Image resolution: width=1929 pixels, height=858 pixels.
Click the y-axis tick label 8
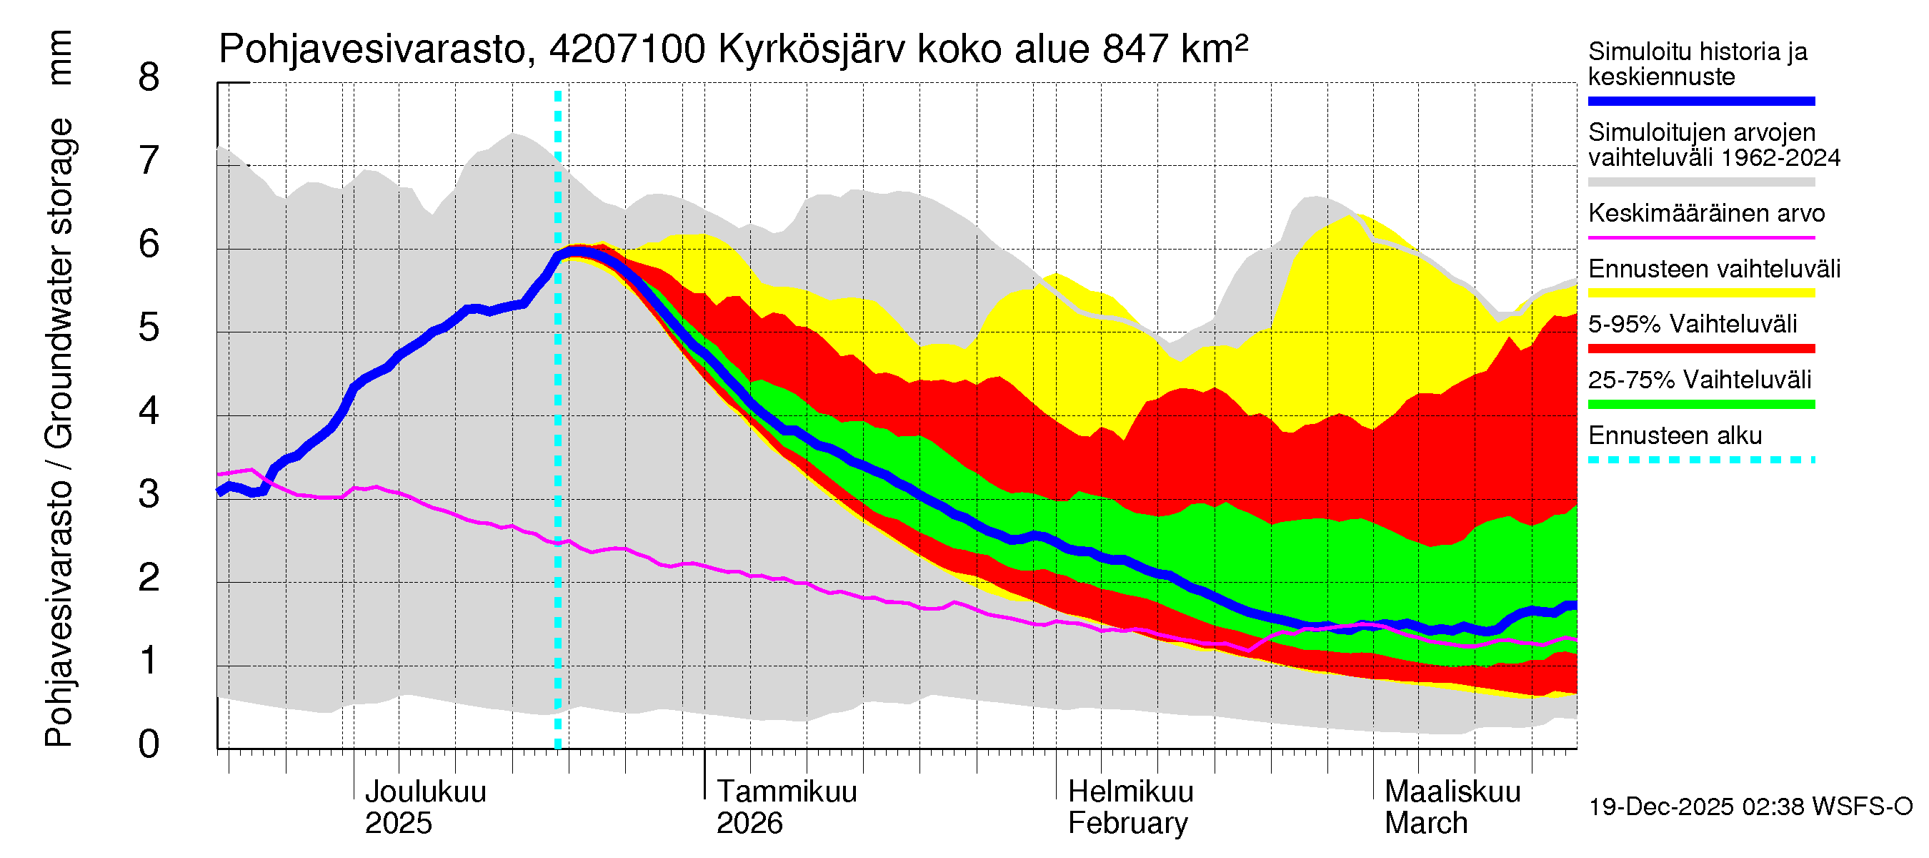tap(149, 78)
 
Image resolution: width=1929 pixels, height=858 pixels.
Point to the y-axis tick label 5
tap(149, 328)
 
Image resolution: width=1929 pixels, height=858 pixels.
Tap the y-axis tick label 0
tap(149, 745)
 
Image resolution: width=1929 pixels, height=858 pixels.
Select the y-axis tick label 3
tap(149, 495)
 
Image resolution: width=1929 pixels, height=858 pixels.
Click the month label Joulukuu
tap(424, 792)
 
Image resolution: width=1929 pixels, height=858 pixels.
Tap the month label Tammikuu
tap(787, 792)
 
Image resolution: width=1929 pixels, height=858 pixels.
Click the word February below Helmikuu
tap(1127, 824)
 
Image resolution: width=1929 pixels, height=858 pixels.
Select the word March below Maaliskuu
tap(1426, 824)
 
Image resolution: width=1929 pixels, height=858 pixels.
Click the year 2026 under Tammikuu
tap(749, 824)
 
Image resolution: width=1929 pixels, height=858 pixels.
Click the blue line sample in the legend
tap(1700, 101)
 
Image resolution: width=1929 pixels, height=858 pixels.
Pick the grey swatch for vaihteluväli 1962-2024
tap(1700, 182)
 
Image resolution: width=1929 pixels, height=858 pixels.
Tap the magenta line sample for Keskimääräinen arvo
tap(1700, 237)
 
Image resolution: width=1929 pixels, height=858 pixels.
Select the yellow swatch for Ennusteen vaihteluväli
tap(1700, 293)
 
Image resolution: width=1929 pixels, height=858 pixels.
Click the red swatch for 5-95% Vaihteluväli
tap(1700, 348)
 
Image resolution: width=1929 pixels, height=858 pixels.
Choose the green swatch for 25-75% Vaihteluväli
tap(1700, 405)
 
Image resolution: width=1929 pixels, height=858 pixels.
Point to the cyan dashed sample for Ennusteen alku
tap(1700, 460)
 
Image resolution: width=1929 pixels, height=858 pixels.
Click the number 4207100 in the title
tap(627, 50)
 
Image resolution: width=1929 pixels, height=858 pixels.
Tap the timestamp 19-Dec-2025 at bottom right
tap(1661, 807)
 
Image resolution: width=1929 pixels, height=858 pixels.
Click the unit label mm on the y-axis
tap(59, 58)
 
